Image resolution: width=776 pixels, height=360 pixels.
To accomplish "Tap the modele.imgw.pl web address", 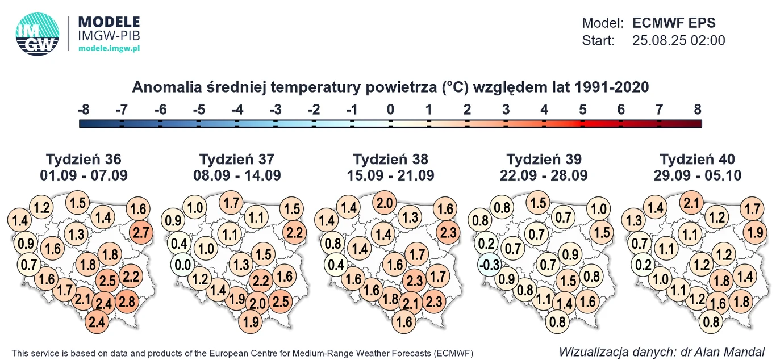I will pyautogui.click(x=109, y=49).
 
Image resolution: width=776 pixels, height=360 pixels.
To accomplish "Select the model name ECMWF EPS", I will pyautogui.click(x=674, y=23).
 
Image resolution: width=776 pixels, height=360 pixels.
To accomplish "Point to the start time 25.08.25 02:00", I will pyautogui.click(x=678, y=41).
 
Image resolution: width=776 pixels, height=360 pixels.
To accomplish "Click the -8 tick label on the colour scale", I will pyautogui.click(x=83, y=110).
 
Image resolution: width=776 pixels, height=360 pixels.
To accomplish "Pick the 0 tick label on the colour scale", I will pyautogui.click(x=390, y=110).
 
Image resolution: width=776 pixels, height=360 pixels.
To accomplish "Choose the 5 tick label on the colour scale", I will pyautogui.click(x=582, y=110).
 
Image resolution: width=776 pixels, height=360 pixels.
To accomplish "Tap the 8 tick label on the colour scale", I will pyautogui.click(x=698, y=110).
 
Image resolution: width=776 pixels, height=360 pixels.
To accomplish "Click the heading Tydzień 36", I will pyautogui.click(x=84, y=159).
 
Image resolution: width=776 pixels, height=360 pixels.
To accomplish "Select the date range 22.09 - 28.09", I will pyautogui.click(x=544, y=175).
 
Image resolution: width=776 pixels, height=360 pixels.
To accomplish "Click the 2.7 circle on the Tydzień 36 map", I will pyautogui.click(x=141, y=232).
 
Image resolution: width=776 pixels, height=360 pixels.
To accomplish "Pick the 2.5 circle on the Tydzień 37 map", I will pyautogui.click(x=281, y=301).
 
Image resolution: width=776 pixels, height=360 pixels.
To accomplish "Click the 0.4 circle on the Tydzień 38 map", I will pyautogui.click(x=336, y=265).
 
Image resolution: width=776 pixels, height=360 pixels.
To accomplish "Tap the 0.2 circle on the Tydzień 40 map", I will pyautogui.click(x=643, y=265).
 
